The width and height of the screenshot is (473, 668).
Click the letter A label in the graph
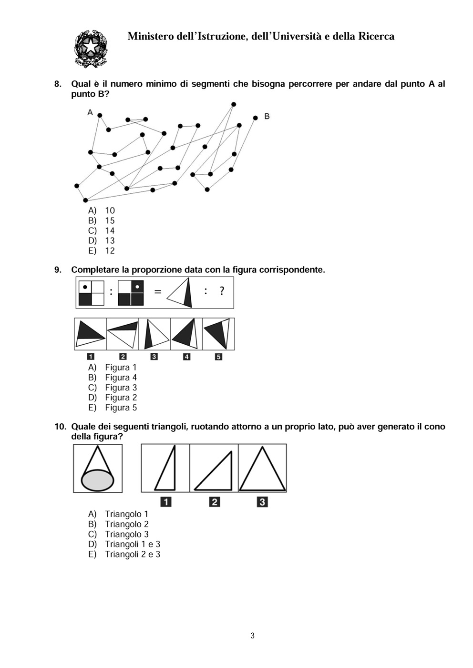[90, 112]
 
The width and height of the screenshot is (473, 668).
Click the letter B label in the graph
[267, 116]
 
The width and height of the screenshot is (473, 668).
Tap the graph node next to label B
[256, 118]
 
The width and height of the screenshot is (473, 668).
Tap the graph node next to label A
[100, 115]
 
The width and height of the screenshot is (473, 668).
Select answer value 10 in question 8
[110, 210]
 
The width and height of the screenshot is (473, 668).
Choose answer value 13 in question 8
[110, 240]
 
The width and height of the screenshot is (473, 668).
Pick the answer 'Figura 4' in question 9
[121, 378]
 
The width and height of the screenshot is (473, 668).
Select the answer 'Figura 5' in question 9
[121, 408]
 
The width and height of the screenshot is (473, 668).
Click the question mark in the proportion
[222, 291]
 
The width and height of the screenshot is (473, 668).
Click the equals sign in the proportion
[157, 291]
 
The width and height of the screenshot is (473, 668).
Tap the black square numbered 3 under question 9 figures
[154, 357]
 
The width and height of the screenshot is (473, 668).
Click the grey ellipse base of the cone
[98, 479]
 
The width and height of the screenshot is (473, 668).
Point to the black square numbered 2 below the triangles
[215, 501]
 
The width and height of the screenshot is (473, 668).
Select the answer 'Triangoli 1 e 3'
[132, 544]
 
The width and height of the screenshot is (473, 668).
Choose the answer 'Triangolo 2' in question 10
[126, 524]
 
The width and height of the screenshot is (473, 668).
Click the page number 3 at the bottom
[252, 636]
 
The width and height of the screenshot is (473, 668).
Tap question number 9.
[58, 270]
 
